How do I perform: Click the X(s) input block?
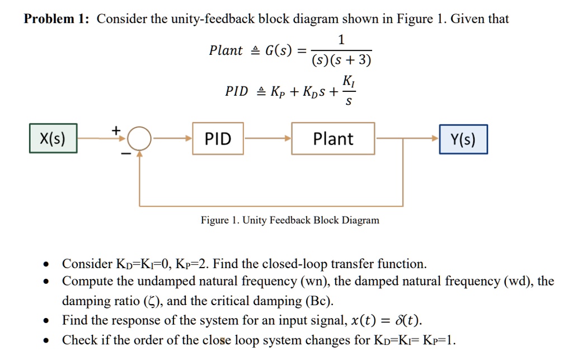tap(53, 139)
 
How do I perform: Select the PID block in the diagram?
tap(218, 139)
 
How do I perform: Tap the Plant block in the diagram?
tap(333, 139)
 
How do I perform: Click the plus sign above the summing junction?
tap(116, 130)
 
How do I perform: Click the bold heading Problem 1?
tap(57, 19)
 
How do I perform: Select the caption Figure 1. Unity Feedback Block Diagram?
tap(290, 220)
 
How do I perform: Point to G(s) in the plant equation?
tap(278, 51)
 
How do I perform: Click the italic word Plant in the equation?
tap(226, 51)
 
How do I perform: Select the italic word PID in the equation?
tap(236, 91)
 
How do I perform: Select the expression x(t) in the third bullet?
tap(364, 321)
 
